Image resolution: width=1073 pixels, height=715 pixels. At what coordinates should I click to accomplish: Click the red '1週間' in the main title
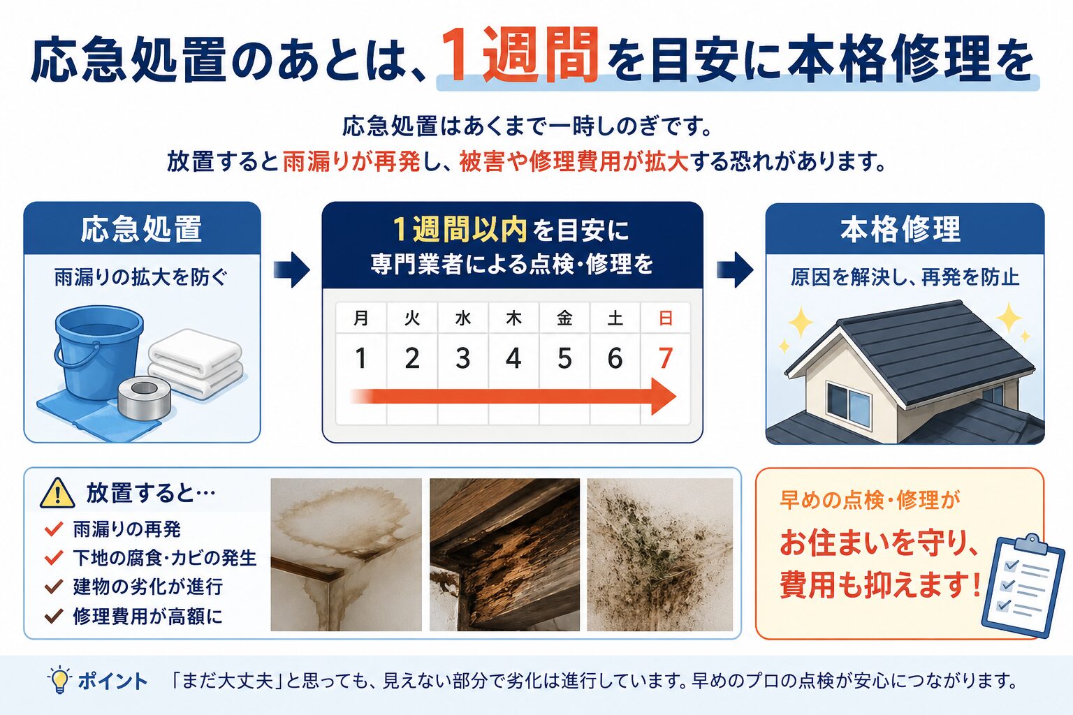519,56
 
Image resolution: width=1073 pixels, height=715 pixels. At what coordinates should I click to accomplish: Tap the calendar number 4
513,358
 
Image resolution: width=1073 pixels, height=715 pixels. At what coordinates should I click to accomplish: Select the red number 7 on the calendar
665,358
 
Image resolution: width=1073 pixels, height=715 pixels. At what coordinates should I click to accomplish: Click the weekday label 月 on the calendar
360,318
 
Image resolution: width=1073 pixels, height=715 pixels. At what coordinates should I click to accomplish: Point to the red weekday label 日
665,318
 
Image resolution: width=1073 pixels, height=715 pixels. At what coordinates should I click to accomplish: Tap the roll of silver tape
144,397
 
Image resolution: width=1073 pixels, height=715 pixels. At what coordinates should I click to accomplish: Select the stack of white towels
196,363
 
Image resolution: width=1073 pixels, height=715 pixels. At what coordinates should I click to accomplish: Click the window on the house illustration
848,404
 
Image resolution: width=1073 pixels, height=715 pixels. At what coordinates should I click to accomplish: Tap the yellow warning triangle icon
57,493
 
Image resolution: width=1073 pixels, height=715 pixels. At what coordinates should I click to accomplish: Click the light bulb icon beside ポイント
60,679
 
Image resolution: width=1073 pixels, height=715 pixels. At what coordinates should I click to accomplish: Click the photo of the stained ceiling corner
346,554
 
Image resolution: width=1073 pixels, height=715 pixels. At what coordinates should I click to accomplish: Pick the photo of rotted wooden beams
504,554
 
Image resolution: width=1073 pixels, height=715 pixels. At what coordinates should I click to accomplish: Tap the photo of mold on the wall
660,554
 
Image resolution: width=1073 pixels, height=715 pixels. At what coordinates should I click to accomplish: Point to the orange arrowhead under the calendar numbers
664,397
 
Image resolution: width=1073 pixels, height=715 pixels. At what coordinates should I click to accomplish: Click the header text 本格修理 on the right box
900,230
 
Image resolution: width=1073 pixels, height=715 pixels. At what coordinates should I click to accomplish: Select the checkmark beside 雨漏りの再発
54,529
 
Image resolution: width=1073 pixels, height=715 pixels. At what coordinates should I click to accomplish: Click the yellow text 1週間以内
460,230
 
